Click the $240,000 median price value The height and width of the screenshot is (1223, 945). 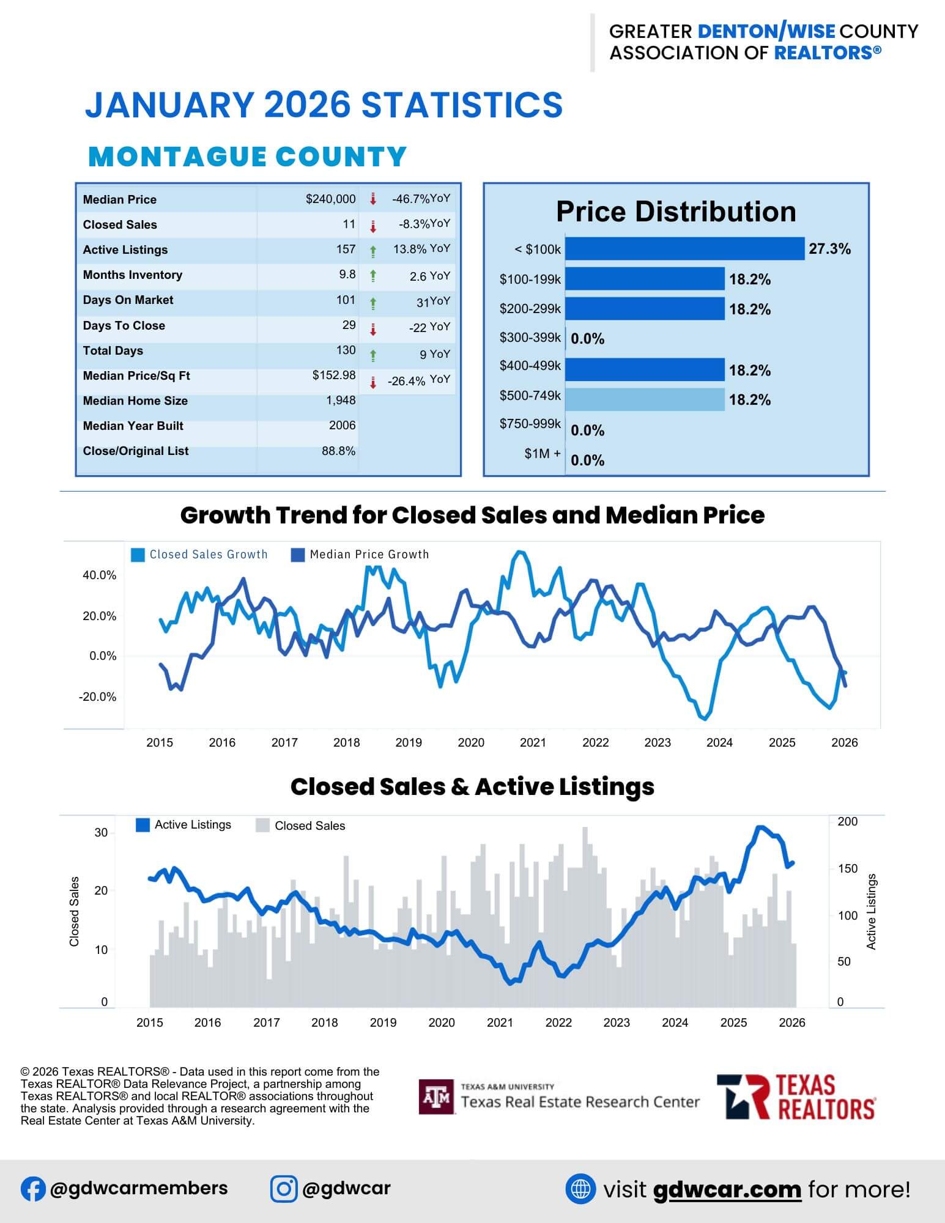tap(330, 199)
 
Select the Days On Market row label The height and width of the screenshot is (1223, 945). tap(128, 300)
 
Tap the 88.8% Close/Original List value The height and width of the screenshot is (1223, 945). tap(338, 451)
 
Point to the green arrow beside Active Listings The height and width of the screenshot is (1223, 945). tap(373, 250)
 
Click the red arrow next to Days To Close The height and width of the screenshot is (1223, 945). tap(373, 330)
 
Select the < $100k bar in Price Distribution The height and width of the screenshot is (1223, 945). tap(684, 249)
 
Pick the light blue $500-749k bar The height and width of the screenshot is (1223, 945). tap(645, 400)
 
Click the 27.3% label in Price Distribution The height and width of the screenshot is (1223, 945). tap(829, 249)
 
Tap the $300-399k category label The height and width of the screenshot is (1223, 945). tap(530, 338)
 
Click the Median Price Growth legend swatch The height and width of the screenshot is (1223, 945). tap(298, 555)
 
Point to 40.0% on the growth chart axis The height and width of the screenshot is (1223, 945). tap(99, 575)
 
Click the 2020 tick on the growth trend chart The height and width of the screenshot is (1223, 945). tap(471, 742)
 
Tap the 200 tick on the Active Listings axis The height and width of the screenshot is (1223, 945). tap(847, 822)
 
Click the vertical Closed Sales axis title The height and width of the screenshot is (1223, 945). tap(75, 911)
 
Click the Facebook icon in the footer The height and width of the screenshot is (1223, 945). tap(33, 1189)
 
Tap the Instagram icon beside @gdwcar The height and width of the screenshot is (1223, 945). tap(284, 1189)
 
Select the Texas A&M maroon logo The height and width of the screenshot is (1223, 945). tap(437, 1097)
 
